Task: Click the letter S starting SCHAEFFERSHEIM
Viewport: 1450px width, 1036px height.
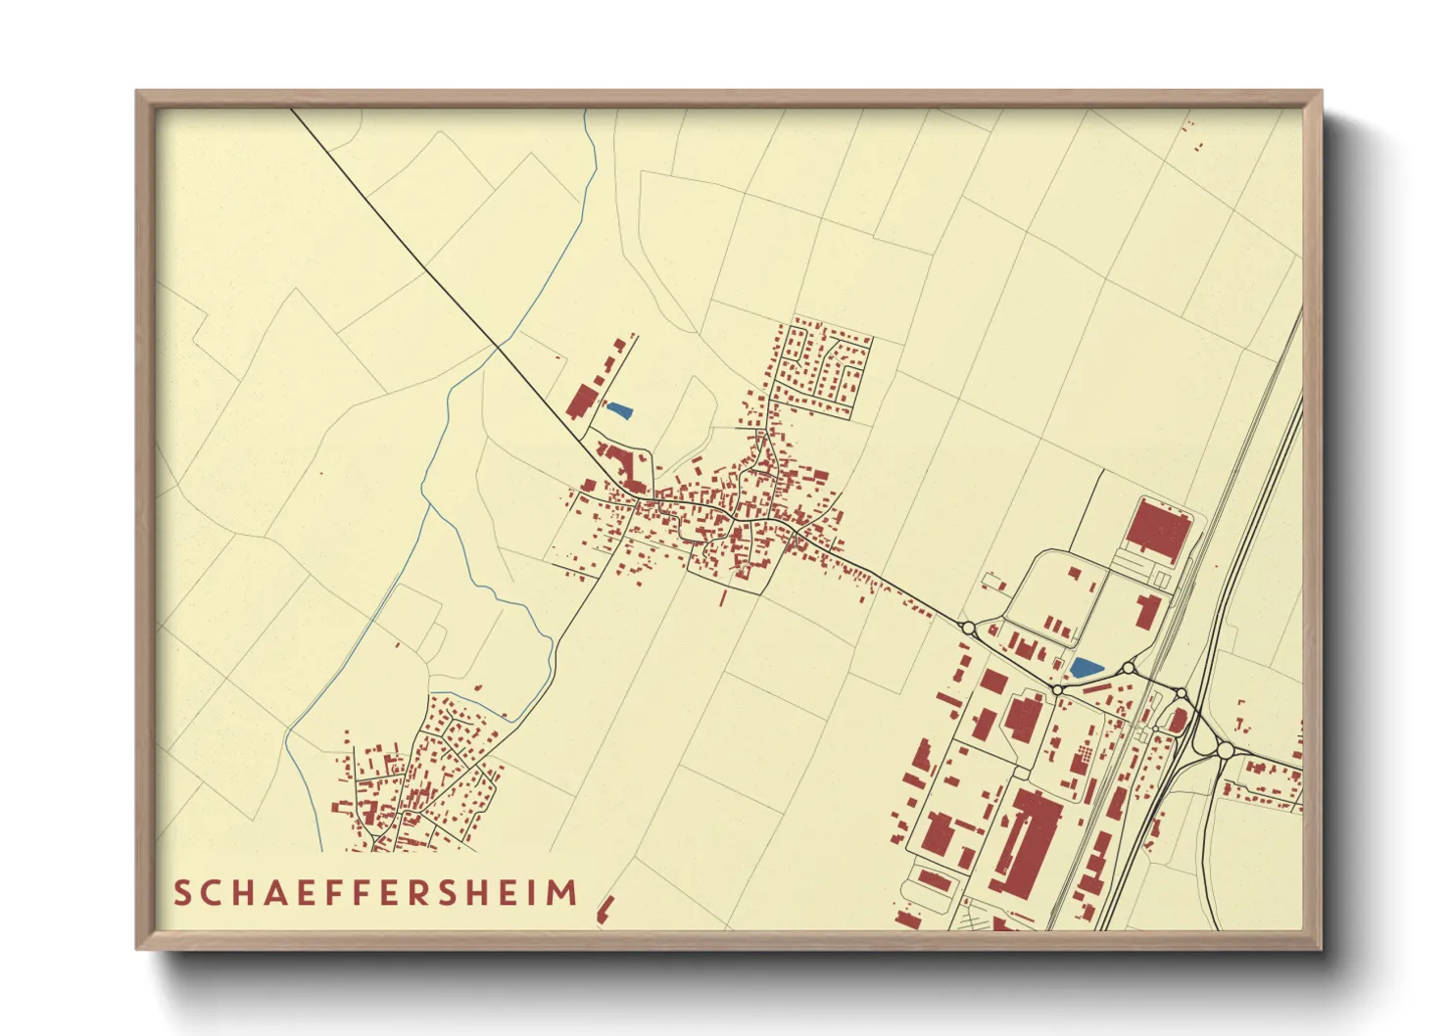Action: pyautogui.click(x=182, y=893)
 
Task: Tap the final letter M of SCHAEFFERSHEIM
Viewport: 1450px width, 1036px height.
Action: pyautogui.click(x=562, y=893)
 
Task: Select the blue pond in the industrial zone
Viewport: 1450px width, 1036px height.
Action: pyautogui.click(x=1085, y=668)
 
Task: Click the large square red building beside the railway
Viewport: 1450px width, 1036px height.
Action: pyautogui.click(x=1158, y=530)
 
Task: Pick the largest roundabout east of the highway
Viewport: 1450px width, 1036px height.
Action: pyautogui.click(x=1225, y=750)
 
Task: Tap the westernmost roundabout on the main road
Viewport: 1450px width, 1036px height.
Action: pyautogui.click(x=968, y=628)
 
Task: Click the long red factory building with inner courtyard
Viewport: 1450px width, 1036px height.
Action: pyautogui.click(x=1029, y=842)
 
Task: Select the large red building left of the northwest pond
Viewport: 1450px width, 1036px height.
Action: pyautogui.click(x=581, y=401)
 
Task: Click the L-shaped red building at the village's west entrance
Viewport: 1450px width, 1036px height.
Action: pyautogui.click(x=619, y=462)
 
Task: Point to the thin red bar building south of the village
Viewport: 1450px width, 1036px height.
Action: pyautogui.click(x=723, y=596)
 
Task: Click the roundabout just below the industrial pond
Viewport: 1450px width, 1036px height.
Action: pyautogui.click(x=1057, y=690)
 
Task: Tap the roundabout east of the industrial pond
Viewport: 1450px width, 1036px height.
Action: pyautogui.click(x=1129, y=669)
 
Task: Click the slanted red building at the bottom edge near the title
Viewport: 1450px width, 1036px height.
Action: pyautogui.click(x=604, y=909)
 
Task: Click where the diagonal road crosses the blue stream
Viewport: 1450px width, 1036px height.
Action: pyautogui.click(x=498, y=347)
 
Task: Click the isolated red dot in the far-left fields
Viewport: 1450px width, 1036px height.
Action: pyautogui.click(x=320, y=474)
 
